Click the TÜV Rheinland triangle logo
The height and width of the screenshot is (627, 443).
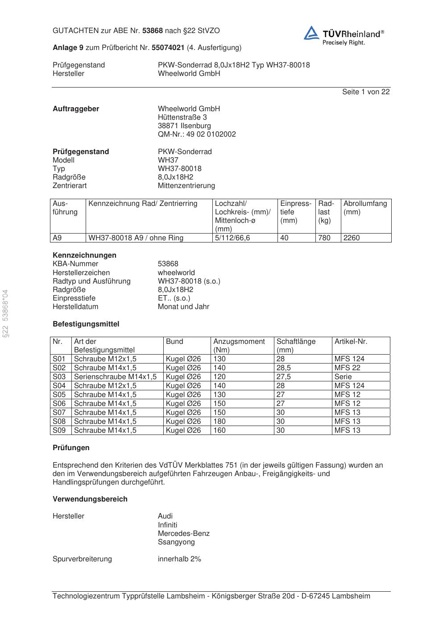pos(311,33)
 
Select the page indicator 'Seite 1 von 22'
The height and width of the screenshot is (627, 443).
pos(366,92)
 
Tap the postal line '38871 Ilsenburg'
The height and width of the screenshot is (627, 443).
pos(184,126)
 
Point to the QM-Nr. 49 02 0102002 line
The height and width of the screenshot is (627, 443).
pos(197,134)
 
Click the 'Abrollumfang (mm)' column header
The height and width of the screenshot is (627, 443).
pos(365,208)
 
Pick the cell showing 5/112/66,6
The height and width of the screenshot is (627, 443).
pos(232,238)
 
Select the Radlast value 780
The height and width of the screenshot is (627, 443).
pos(324,238)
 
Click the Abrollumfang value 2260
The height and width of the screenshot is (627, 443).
pos(352,238)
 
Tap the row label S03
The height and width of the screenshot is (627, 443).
pos(59,377)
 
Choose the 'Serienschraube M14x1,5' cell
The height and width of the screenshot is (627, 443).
pos(115,377)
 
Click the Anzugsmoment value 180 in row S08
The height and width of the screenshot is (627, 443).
pos(219,422)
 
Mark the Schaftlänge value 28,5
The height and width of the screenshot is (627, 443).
pos(284,368)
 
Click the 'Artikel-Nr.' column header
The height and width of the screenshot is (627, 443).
pos(351,342)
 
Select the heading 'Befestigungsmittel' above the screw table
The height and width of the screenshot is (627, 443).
pos(86,324)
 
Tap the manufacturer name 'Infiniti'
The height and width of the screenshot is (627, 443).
pos(167,525)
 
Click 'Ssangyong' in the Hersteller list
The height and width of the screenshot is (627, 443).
pos(176,542)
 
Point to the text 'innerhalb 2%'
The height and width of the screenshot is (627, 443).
pos(179,559)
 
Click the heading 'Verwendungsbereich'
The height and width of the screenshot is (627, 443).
pos(90,499)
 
